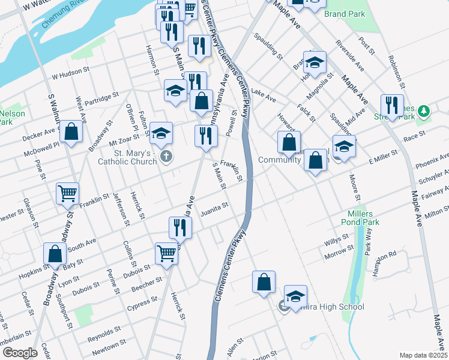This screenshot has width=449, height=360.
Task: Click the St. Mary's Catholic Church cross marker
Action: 166,157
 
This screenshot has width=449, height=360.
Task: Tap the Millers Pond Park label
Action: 364,218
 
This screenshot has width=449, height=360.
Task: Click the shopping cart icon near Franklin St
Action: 67,193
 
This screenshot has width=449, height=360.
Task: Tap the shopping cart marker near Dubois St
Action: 166,253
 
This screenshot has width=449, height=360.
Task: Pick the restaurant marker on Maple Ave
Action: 392,105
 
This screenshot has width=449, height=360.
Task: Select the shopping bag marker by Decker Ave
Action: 71,133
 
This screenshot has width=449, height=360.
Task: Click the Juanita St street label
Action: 215,208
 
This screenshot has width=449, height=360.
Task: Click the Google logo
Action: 19,353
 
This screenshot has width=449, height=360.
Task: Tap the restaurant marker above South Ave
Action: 180,227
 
